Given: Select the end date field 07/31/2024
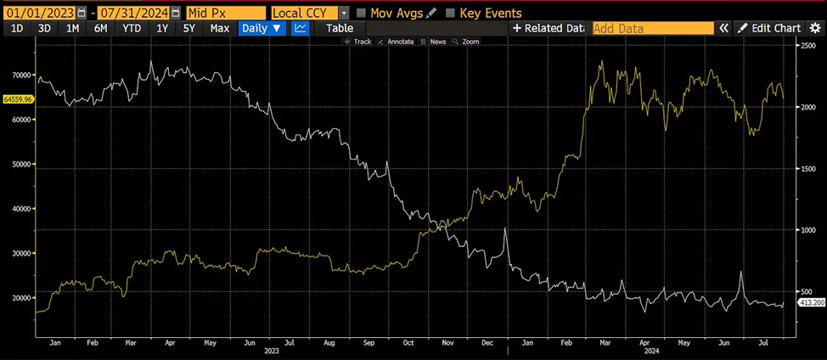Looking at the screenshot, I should click(134, 13).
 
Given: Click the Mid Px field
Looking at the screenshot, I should click(225, 13).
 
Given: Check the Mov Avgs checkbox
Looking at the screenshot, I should click(361, 13).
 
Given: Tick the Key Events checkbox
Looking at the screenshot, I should click(450, 13).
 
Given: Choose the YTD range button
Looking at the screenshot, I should click(132, 28).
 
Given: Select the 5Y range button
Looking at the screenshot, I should click(189, 28).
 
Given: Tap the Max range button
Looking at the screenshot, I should click(219, 28).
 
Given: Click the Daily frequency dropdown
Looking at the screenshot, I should click(262, 28).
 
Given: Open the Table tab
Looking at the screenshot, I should click(340, 28).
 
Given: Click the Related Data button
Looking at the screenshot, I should click(549, 28).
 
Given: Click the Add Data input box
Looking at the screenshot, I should click(652, 28).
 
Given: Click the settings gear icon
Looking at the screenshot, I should click(815, 28).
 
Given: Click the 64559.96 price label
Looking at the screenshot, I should click(18, 99).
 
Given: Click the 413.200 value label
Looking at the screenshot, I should click(807, 303).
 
